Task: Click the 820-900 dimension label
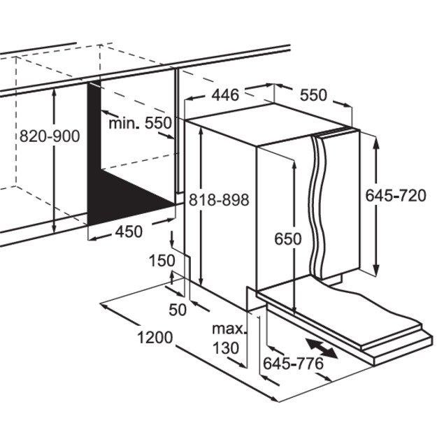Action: click(x=50, y=136)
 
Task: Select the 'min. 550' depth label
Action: click(x=140, y=124)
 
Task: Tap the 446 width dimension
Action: click(x=225, y=94)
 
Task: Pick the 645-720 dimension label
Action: click(x=395, y=196)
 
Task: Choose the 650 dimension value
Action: click(x=287, y=238)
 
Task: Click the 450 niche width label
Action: click(x=128, y=231)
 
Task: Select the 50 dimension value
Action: click(x=178, y=310)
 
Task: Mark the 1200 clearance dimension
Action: click(x=155, y=338)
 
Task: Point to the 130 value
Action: click(x=227, y=347)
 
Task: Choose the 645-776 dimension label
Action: click(x=292, y=363)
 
